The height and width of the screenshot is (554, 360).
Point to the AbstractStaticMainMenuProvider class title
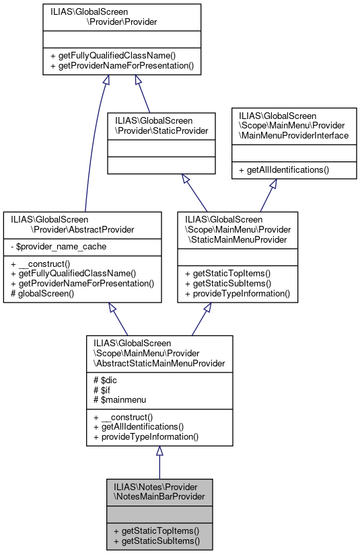(x=159, y=354)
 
